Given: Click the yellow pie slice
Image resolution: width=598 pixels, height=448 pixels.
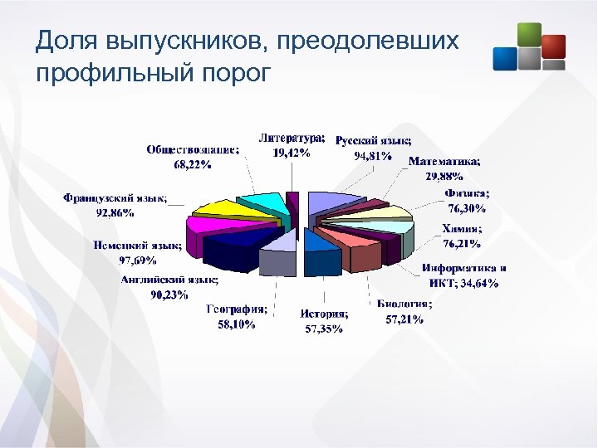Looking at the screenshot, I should [x=220, y=212].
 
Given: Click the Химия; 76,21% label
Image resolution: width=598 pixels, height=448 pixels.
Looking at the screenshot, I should [x=462, y=236].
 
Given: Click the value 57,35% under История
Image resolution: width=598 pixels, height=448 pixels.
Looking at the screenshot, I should [x=321, y=329].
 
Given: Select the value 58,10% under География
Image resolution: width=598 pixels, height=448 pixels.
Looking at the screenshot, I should [x=237, y=325].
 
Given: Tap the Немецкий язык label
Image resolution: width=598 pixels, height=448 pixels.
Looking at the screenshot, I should [x=136, y=251].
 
